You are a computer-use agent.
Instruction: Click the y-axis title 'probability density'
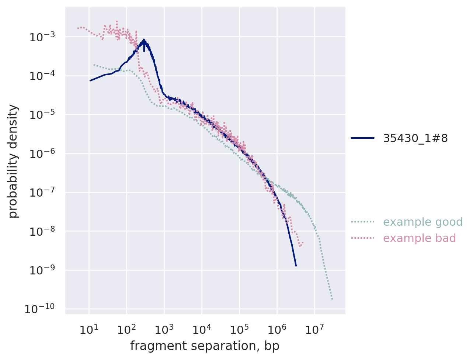click(x=13, y=161)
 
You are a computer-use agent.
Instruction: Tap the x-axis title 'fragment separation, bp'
click(x=205, y=346)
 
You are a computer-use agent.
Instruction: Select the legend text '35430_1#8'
click(x=415, y=138)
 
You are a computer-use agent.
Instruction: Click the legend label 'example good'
click(x=422, y=222)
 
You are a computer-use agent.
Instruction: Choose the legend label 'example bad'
click(x=419, y=238)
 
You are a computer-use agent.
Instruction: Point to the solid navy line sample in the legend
click(x=362, y=138)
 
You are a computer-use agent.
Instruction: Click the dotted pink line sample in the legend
click(x=362, y=238)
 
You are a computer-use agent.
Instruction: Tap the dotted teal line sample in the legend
click(x=362, y=222)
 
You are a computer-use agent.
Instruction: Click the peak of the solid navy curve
click(x=144, y=39)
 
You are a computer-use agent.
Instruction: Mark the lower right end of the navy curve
click(x=296, y=265)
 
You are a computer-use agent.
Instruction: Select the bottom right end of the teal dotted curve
click(x=332, y=299)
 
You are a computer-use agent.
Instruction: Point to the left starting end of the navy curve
click(x=90, y=80)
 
